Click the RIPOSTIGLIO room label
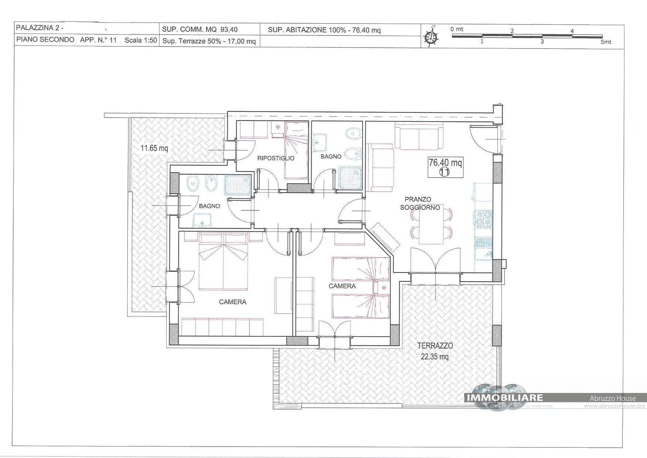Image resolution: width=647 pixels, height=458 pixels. coord(276,158)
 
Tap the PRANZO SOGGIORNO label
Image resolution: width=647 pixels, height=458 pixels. coord(420,203)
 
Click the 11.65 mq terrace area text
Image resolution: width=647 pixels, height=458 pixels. coord(154,149)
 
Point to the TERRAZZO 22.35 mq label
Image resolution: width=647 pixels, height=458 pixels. coord(435,351)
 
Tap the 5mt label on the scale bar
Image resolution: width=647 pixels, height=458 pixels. coord(606,42)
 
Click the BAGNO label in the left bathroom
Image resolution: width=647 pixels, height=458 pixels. coord(209,206)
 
